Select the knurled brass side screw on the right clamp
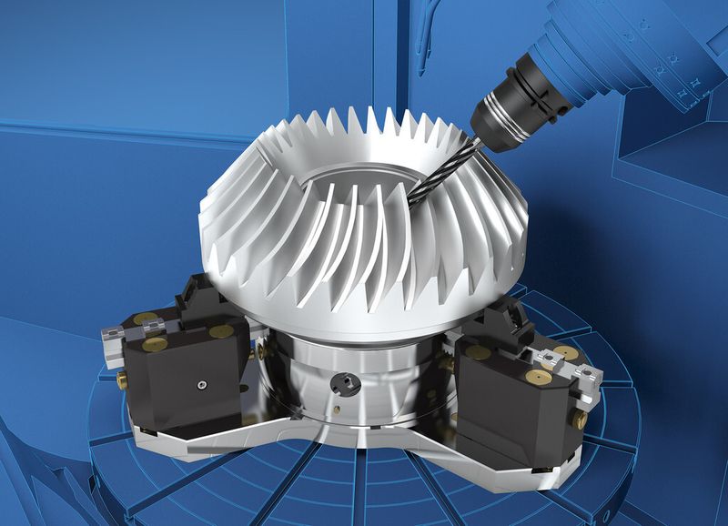(x=579, y=418)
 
